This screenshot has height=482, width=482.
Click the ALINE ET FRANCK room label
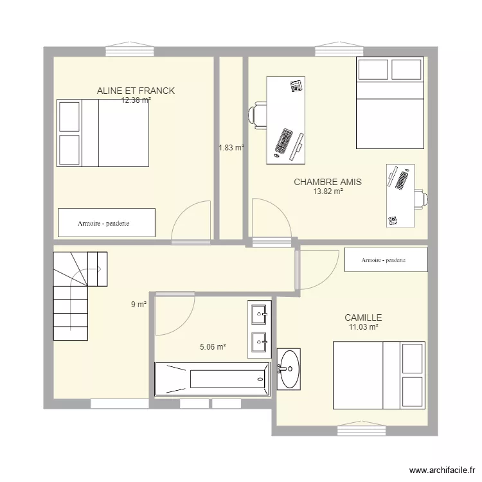(136, 91)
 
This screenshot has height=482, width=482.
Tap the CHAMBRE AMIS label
(328, 182)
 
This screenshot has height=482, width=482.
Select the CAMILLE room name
(363, 317)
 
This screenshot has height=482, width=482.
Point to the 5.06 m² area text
(213, 347)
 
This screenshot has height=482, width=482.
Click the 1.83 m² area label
(231, 148)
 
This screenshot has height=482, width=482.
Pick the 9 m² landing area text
(139, 305)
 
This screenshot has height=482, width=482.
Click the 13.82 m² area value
(328, 192)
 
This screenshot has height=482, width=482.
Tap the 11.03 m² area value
(363, 326)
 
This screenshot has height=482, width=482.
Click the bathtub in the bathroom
(213, 379)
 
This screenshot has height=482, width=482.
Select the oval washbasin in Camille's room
(289, 369)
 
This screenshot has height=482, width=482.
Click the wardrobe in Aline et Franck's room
(107, 223)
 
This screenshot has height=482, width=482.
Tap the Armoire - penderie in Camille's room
(386, 260)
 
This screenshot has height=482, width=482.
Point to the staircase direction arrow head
(99, 269)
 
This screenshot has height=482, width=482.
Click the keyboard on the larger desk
(283, 141)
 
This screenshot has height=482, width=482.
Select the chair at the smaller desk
(421, 199)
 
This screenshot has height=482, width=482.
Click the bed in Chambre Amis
(390, 103)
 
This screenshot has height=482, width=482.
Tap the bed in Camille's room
(379, 375)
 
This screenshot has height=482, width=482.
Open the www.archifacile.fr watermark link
(442, 470)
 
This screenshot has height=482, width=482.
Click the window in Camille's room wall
(361, 429)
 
